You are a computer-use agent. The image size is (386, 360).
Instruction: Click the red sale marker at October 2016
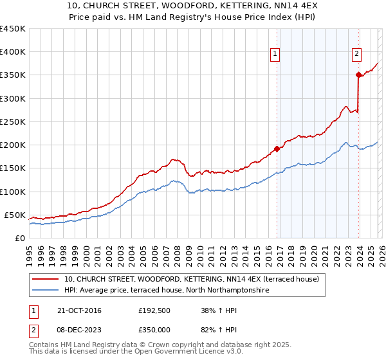coord(277,148)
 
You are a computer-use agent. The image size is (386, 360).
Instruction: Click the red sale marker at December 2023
coord(358,75)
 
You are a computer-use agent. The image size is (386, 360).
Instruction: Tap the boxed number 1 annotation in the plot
coord(275,55)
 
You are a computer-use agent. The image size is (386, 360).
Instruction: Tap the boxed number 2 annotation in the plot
coord(356,55)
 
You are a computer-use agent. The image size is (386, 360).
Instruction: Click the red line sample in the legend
coord(46,279)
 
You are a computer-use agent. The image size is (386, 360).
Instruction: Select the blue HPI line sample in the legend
coord(46,291)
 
